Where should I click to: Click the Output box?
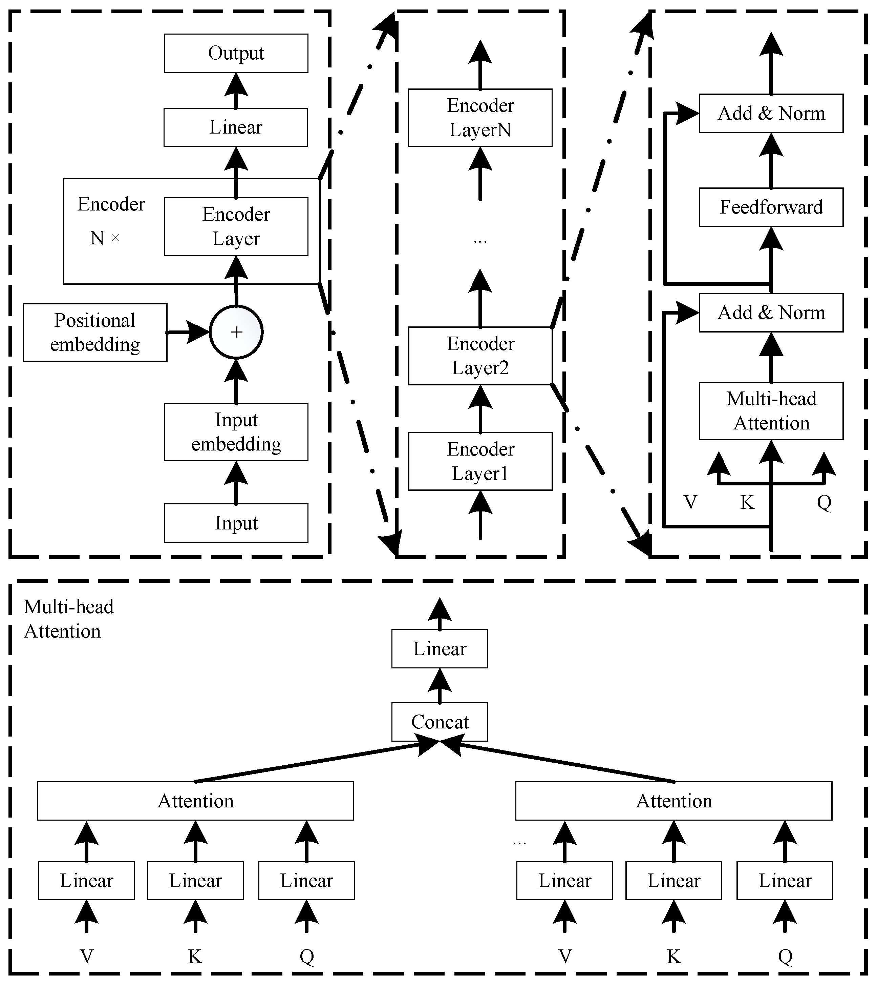coord(236,53)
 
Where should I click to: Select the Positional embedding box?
coord(95,333)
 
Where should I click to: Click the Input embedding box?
coord(236,432)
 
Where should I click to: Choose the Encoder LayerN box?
coord(480,118)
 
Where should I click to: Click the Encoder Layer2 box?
coord(480,356)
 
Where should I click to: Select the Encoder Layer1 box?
coord(480,461)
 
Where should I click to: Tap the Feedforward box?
coord(771,207)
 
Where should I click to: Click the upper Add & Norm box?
coord(771,113)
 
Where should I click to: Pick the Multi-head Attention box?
coord(771,411)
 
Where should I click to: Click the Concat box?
coord(440,722)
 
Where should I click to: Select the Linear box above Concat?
coord(440,649)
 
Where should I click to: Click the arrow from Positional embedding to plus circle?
coord(188,333)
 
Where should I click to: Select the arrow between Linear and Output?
coord(236,91)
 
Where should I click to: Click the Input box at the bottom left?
coord(236,523)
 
